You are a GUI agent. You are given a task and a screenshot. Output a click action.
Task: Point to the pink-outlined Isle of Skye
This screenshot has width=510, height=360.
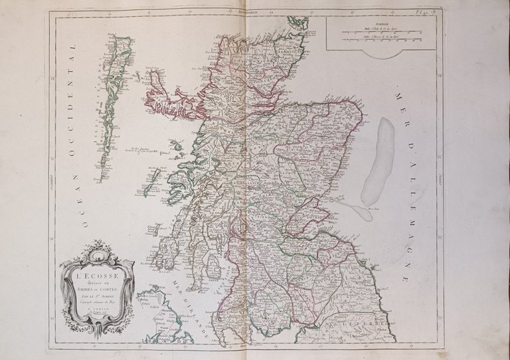coord(169,100)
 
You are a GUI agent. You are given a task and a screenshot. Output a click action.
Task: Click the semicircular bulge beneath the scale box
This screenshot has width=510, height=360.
coord(379,54)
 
